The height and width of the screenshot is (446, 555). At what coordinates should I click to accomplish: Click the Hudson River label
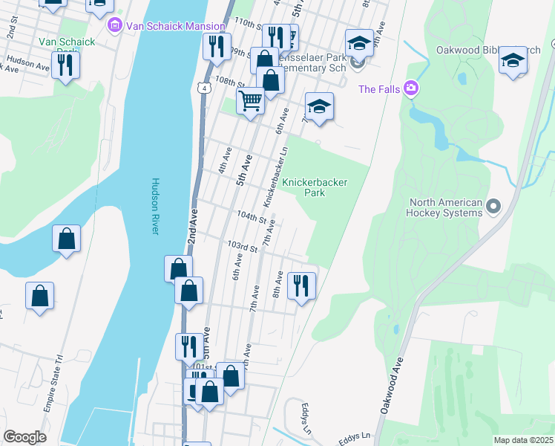(x=156, y=206)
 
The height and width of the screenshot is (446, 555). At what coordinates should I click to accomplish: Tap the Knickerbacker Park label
(x=303, y=187)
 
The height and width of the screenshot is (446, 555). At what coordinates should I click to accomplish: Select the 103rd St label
(x=242, y=245)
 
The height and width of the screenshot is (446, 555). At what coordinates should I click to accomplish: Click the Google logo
(x=24, y=437)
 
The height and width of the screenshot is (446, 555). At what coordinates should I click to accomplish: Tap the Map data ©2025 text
(x=523, y=440)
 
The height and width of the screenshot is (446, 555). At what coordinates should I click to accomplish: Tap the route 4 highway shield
(x=203, y=88)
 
